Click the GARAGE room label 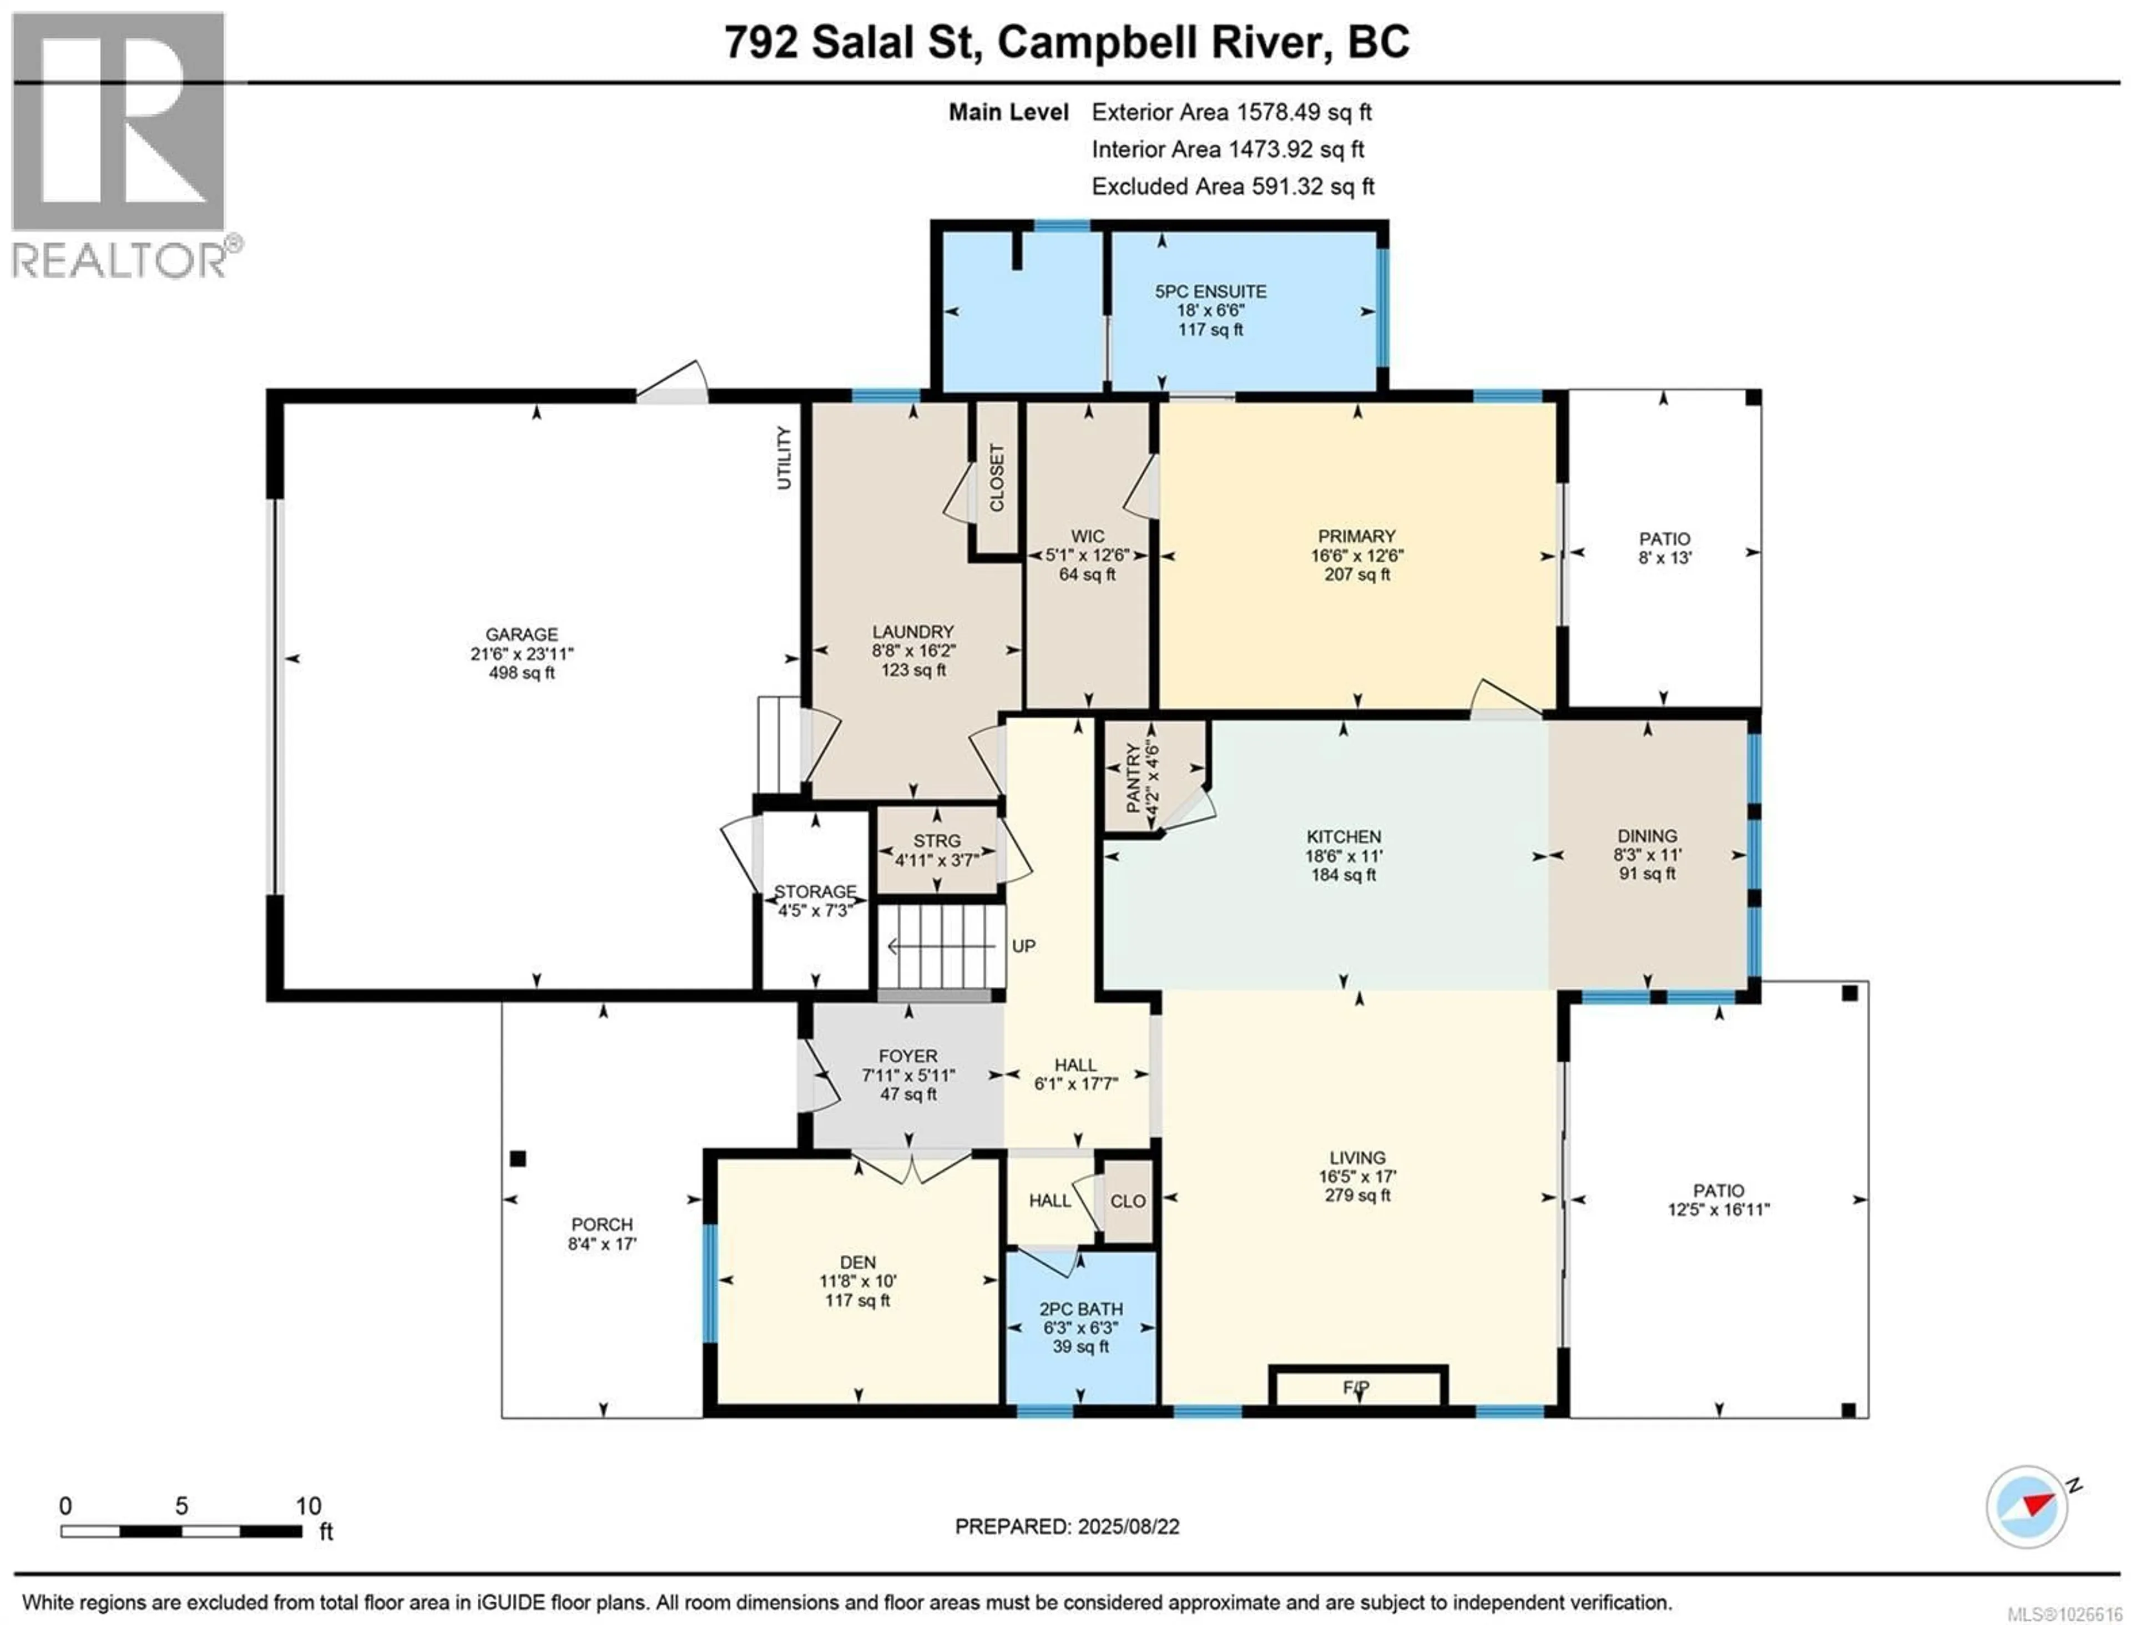click(x=522, y=634)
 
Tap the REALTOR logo click(x=120, y=145)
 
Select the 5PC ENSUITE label click(x=1210, y=291)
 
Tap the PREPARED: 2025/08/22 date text click(x=1067, y=1526)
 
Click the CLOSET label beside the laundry click(x=996, y=478)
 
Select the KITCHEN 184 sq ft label click(x=1344, y=855)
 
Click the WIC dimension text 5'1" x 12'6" click(x=1087, y=555)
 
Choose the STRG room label click(x=936, y=841)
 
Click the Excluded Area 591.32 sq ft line click(x=1233, y=186)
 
